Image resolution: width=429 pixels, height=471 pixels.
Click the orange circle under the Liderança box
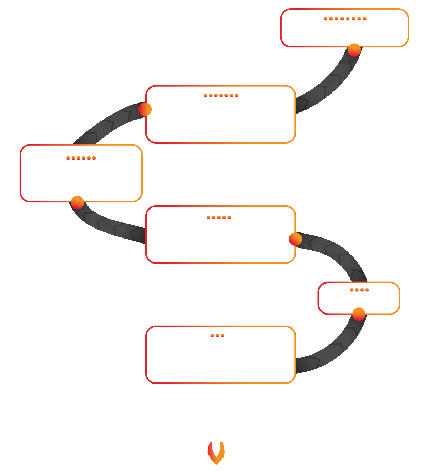point(354,50)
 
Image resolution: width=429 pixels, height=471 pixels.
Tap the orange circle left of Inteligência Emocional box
point(145,109)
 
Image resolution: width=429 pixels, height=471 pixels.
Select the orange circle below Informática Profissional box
point(77,202)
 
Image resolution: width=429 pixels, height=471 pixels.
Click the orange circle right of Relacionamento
point(295,239)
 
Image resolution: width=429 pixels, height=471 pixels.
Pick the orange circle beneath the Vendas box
point(359,314)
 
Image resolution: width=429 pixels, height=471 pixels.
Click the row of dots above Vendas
point(359,290)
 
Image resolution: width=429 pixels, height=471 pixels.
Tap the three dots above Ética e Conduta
point(217,335)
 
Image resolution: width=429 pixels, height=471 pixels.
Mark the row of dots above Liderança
point(345,19)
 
